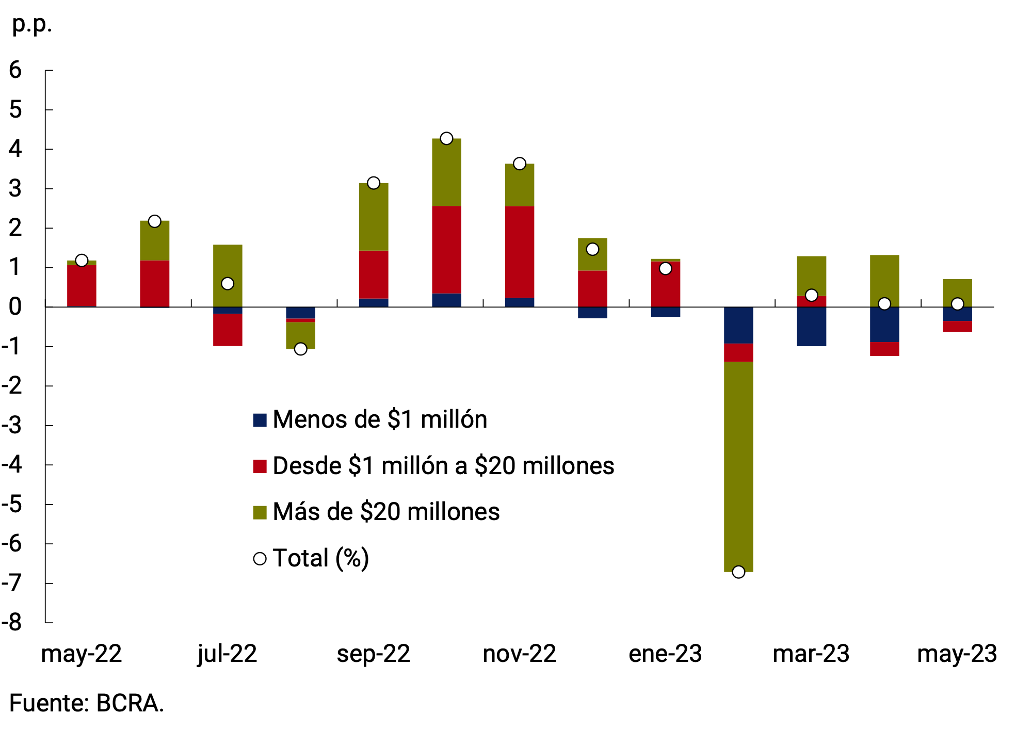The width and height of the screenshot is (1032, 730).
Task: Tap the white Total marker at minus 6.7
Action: point(738,572)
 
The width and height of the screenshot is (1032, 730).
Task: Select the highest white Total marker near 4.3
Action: point(446,138)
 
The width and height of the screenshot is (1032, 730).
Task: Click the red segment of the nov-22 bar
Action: point(519,252)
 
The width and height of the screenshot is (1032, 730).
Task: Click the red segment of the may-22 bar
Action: point(82,285)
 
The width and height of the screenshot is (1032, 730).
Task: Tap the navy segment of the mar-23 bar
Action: point(811,327)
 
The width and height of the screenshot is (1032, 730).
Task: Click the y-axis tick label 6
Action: point(15,70)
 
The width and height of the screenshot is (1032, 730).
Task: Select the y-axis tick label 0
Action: point(15,307)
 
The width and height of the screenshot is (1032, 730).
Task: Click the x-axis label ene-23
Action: point(665,654)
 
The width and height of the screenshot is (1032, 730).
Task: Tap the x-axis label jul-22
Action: point(227,654)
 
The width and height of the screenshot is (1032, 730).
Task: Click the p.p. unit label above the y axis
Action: point(32,24)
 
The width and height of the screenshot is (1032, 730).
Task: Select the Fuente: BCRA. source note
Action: point(86,703)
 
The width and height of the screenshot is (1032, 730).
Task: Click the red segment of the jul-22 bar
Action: point(228,330)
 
